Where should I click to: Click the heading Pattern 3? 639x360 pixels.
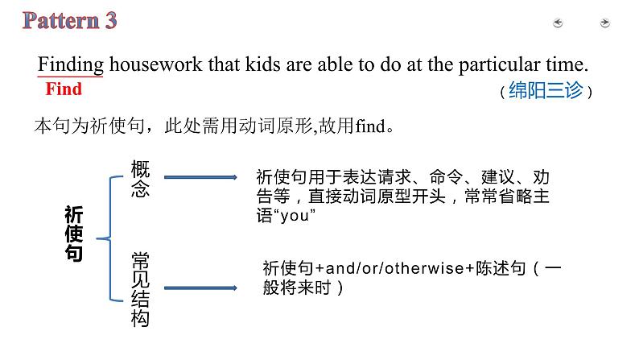coord(70,20)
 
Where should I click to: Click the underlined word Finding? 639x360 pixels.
coord(71,64)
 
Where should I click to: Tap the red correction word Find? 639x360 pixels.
coord(64,89)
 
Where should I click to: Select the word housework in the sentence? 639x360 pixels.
coord(155,64)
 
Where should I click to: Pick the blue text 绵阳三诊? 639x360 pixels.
coord(546,90)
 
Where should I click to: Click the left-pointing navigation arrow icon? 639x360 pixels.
coord(558,23)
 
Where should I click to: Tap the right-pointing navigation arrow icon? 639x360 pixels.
coord(605,23)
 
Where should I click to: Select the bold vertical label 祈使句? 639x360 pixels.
coord(74,234)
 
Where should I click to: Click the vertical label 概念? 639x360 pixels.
coord(140,179)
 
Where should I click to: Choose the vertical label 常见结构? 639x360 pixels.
coord(140,289)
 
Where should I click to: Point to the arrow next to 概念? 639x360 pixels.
coord(200,177)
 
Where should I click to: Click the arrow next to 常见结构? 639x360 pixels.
coord(200,288)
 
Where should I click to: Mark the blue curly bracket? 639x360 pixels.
coord(110,238)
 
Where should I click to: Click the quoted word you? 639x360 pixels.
coord(294,216)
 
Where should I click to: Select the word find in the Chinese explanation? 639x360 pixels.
coord(369,126)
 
